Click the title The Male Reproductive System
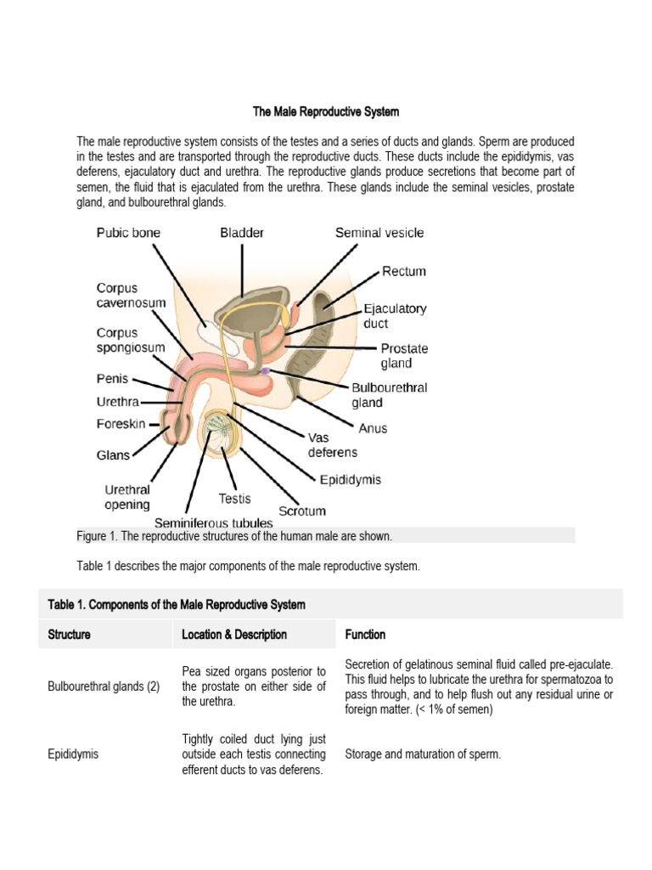326,112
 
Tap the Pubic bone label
128,233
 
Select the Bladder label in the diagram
242,233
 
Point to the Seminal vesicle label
379,233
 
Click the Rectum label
404,272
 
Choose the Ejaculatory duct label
395,316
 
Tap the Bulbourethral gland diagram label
390,395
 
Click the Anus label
371,428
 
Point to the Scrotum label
302,511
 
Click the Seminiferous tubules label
213,523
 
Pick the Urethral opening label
127,497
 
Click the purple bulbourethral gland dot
266,371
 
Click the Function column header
365,635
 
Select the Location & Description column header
234,635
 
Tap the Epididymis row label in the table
73,753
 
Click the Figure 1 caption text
234,536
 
